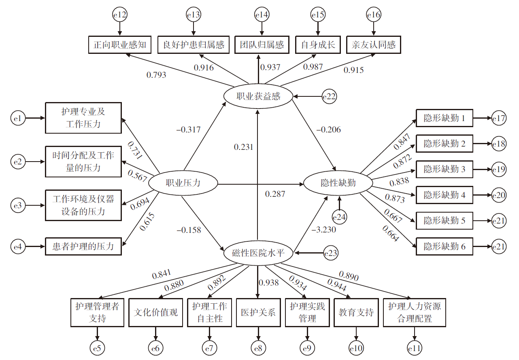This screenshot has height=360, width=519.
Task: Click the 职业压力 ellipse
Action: (x=183, y=183)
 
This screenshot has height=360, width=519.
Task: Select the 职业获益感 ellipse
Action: (x=258, y=96)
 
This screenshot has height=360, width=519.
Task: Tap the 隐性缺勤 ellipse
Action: (x=338, y=183)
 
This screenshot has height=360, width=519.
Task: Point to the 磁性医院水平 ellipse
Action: (x=258, y=253)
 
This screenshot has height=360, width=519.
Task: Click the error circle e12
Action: (x=119, y=15)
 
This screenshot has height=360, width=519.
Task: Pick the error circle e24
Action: (x=339, y=217)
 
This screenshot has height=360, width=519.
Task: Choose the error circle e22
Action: (x=330, y=96)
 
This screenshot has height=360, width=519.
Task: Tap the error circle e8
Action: (x=258, y=347)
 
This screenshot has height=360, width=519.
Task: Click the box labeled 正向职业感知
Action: (x=119, y=45)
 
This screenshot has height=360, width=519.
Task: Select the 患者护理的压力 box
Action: (x=83, y=246)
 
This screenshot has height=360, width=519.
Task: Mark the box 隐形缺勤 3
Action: (x=444, y=169)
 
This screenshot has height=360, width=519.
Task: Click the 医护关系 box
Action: (x=258, y=312)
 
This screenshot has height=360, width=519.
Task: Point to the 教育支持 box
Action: (x=356, y=312)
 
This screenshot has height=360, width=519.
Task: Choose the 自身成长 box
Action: (x=318, y=45)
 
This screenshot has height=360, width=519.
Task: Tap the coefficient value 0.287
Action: (x=275, y=194)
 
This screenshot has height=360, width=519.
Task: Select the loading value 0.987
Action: (x=313, y=67)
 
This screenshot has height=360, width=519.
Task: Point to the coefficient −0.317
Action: (x=188, y=130)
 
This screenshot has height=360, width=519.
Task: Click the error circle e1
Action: (x=17, y=119)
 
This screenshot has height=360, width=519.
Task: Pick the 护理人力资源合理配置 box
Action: (x=415, y=312)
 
